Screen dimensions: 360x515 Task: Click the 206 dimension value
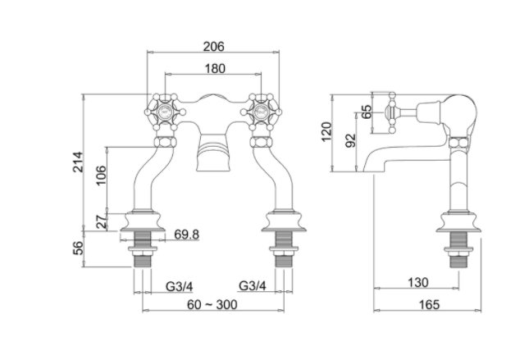[x=213, y=46]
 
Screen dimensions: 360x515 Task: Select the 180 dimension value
[x=213, y=68]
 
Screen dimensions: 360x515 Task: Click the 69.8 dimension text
[x=187, y=235]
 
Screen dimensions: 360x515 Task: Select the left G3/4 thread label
[x=179, y=286]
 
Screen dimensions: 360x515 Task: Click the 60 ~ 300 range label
[x=213, y=305]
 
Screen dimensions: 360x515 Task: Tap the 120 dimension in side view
[x=326, y=132]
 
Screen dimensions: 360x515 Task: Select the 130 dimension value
[x=417, y=282]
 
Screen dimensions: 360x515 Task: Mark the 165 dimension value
[x=427, y=304]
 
